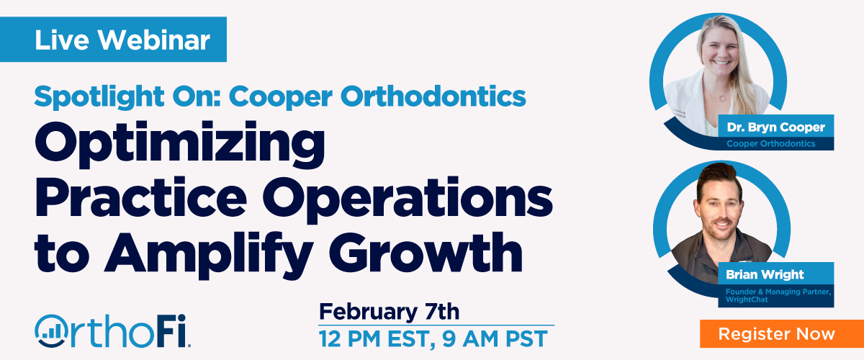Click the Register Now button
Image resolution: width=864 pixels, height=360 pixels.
tap(776, 334)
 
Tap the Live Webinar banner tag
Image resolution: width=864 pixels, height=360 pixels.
tap(122, 40)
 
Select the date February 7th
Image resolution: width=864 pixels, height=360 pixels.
tap(389, 312)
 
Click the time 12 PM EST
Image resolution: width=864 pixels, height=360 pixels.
tap(379, 337)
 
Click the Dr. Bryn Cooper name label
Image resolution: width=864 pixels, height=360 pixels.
tap(775, 128)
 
